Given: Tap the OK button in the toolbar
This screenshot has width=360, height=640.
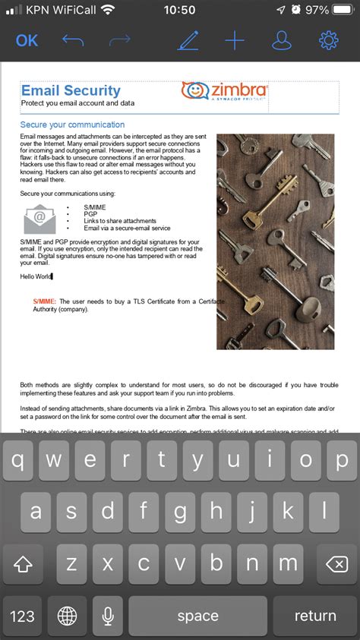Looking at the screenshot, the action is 27,40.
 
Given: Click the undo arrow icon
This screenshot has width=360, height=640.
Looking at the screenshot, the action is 74,40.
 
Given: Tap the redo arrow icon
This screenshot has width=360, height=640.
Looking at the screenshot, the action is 120,40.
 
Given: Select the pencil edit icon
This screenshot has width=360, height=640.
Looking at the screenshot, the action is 188,40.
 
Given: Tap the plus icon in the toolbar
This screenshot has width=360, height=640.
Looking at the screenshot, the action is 235,40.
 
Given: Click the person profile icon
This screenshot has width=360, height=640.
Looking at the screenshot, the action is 282,40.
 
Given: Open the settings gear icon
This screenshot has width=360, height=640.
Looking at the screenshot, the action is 329,40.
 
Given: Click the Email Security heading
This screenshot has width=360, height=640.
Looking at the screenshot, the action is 71,91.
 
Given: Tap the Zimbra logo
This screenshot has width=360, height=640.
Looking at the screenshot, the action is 225,91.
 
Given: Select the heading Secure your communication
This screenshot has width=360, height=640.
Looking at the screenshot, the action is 72,125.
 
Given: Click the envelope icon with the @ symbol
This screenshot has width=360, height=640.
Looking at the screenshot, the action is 39,219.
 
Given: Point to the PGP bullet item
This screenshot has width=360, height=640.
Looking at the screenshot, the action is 90,214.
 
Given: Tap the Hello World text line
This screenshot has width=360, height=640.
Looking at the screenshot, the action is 36,276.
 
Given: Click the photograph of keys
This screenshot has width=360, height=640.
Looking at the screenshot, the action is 275,241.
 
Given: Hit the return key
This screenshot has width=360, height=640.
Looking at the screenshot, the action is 314,616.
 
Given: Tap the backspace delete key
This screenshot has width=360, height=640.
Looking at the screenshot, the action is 333,564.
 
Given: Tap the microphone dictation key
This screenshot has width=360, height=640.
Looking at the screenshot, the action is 109,616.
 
